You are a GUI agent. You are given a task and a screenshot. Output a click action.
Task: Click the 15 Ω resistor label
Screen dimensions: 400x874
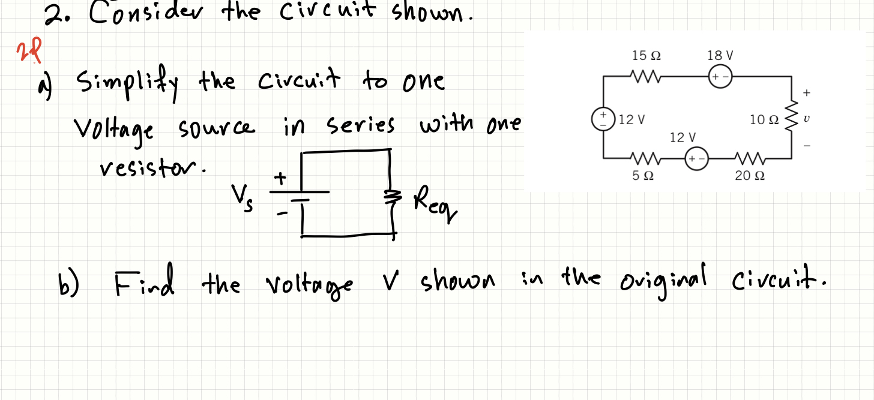pyautogui.click(x=646, y=56)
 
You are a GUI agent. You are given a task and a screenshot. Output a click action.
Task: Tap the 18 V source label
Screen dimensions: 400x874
pyautogui.click(x=720, y=56)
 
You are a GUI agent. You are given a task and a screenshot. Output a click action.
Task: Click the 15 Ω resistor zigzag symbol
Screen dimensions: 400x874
pyautogui.click(x=646, y=77)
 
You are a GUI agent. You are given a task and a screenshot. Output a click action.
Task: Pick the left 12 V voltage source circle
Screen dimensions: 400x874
pyautogui.click(x=603, y=118)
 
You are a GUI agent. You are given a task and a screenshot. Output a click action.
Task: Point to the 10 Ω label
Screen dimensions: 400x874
pyautogui.click(x=765, y=120)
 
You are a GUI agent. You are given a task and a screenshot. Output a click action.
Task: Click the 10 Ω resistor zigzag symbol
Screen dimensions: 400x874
pyautogui.click(x=792, y=119)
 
